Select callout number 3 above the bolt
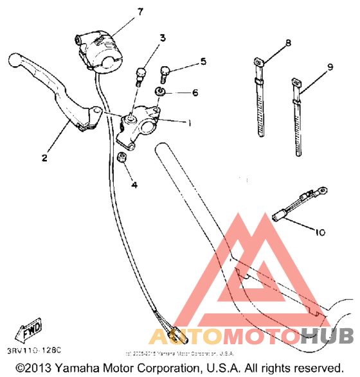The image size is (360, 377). [x=163, y=39]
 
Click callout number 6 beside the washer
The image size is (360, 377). [x=195, y=92]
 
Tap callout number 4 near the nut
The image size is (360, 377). [x=134, y=185]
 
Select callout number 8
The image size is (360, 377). [x=287, y=43]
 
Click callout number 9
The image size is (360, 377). [x=329, y=67]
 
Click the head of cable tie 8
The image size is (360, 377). [x=257, y=63]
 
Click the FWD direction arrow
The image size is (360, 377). [x=30, y=332]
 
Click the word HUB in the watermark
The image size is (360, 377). [x=328, y=337]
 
